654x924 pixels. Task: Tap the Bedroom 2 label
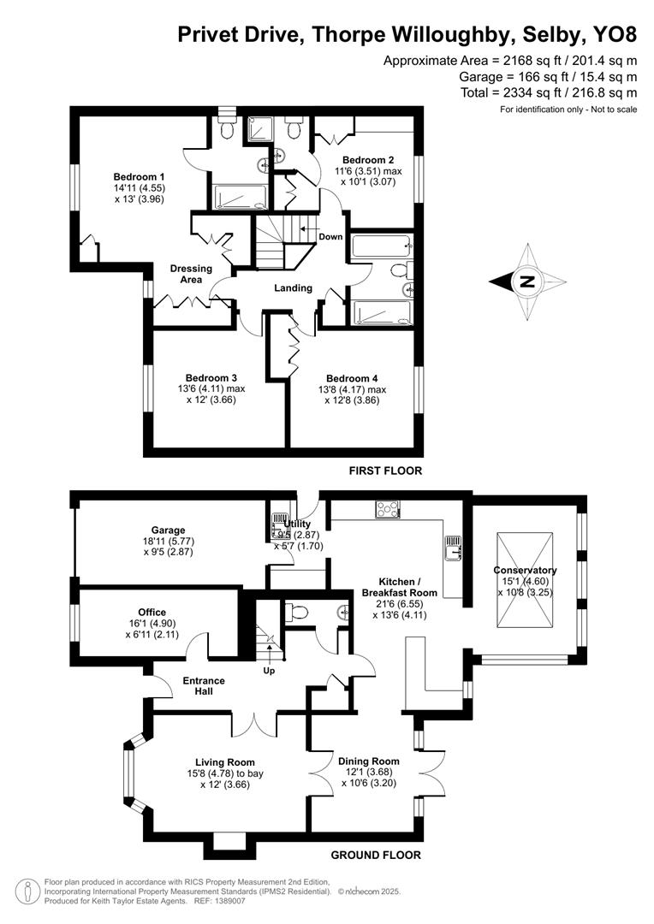[368, 160]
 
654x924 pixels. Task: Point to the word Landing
[293, 288]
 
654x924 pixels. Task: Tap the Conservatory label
[525, 571]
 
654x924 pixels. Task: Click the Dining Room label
[368, 761]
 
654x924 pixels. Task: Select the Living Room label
[225, 762]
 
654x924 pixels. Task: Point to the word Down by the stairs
[330, 237]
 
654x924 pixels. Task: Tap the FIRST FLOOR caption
[385, 471]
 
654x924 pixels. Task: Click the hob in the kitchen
[386, 509]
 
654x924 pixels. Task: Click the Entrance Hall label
[204, 686]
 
